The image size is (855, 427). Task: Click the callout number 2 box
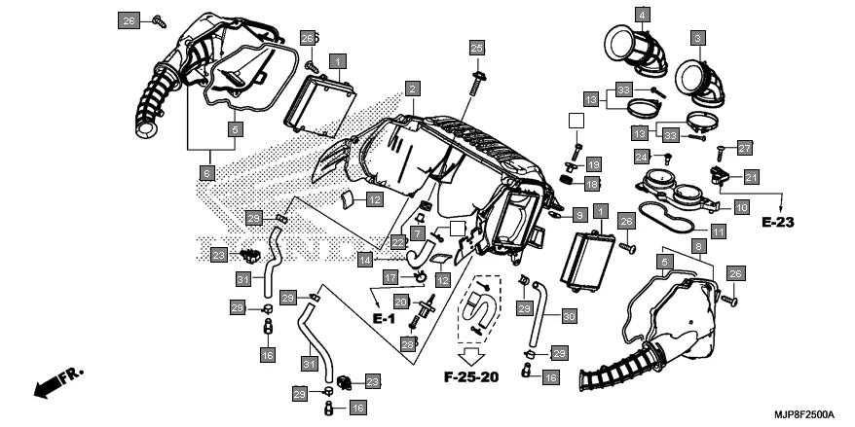[413, 89]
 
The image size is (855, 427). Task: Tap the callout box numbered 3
[696, 38]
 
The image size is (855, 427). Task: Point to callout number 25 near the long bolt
[476, 47]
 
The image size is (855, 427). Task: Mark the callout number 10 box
[741, 207]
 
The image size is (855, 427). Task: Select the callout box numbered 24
[641, 157]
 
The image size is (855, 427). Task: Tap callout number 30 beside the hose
[570, 315]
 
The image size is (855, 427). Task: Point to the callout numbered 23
[372, 380]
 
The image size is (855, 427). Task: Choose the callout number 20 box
[400, 302]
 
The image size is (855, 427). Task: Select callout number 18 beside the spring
[593, 183]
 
